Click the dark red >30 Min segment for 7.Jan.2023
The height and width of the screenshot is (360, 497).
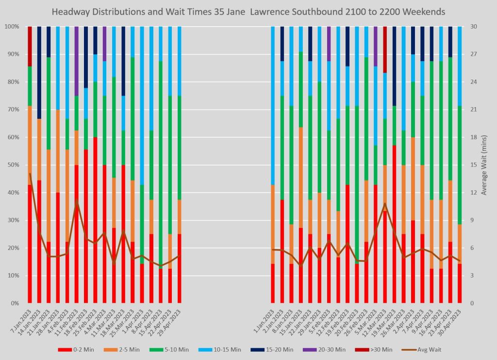(x=30, y=47)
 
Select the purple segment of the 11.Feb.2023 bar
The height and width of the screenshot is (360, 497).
(x=77, y=61)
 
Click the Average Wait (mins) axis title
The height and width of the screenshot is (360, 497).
(x=484, y=165)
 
